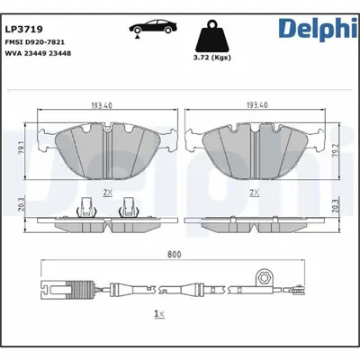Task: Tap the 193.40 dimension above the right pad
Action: [258, 105]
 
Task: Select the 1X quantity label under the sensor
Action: [159, 314]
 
